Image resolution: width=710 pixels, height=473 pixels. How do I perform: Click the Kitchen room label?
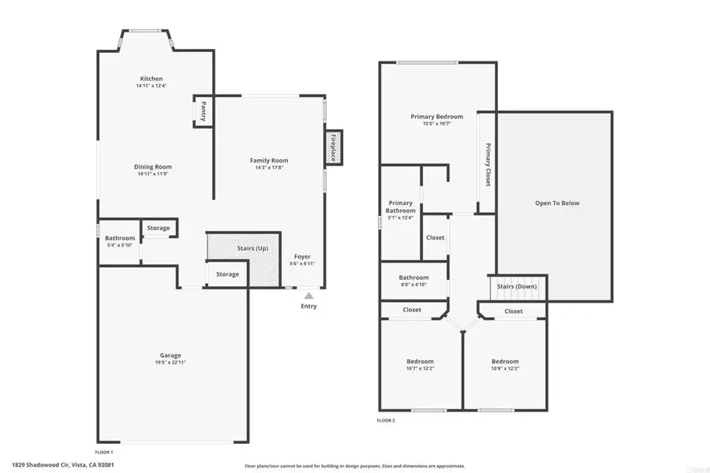click(x=151, y=79)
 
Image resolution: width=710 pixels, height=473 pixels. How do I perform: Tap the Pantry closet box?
click(x=204, y=111)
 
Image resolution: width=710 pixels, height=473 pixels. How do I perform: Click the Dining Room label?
click(x=152, y=166)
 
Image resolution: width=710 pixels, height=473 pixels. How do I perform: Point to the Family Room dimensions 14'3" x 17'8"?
click(x=269, y=167)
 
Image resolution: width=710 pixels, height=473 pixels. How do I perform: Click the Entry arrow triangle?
click(x=308, y=296)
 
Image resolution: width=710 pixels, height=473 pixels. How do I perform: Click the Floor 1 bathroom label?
click(x=120, y=238)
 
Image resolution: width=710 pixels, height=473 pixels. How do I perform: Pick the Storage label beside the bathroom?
click(x=158, y=228)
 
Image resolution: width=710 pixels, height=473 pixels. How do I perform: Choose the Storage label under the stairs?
click(x=227, y=274)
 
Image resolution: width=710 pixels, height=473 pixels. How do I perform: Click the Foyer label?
click(x=303, y=256)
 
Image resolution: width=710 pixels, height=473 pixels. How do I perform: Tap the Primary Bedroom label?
click(x=436, y=117)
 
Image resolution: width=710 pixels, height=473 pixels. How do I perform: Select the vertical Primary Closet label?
click(x=488, y=164)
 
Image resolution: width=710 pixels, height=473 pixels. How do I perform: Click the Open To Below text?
click(x=557, y=203)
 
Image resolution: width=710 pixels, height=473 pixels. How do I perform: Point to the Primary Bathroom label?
click(x=400, y=207)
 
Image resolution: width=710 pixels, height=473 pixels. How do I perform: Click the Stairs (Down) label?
click(x=518, y=286)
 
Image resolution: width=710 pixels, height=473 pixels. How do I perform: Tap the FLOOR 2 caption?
click(x=386, y=420)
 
